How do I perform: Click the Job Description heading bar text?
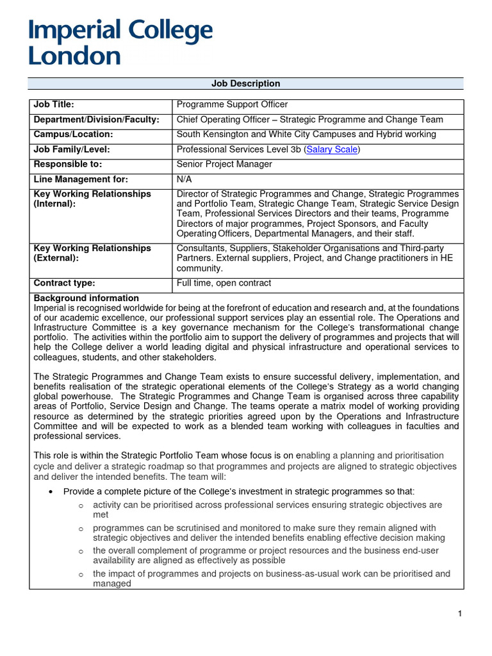pos(245,84)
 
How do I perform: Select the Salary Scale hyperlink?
pos(332,149)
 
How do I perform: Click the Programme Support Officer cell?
pos(232,104)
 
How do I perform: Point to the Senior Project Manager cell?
pos(224,164)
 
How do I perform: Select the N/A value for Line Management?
pos(184,179)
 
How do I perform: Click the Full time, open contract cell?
pos(224,283)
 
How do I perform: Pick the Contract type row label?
pos(64,283)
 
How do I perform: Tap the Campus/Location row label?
pos(73,135)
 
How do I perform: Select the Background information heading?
pos(86,298)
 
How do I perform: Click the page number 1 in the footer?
pos(460,614)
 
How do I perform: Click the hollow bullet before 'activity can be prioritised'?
pos(81,506)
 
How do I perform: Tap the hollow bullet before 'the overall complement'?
pos(81,552)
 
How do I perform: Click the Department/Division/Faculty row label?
pos(96,120)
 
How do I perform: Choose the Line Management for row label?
pos(81,179)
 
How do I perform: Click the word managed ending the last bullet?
pos(111,584)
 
